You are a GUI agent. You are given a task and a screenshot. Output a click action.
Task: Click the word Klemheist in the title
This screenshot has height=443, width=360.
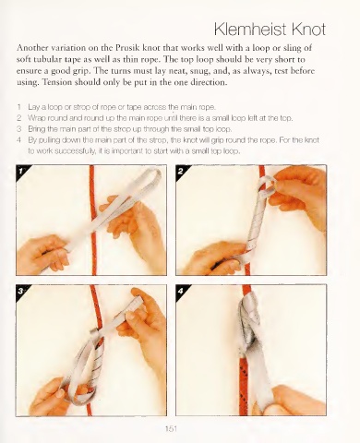[251, 30]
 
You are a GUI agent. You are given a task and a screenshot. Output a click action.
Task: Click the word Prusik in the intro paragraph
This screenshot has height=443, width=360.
[127, 48]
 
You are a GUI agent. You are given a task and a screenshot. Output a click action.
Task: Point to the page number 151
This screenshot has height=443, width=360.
[171, 428]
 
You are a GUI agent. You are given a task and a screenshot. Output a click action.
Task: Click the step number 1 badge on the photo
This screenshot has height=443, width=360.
[21, 171]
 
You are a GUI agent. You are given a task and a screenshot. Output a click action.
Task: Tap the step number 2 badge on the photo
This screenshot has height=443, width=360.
[181, 171]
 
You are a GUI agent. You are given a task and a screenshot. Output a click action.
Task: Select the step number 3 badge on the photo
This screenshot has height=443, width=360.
[21, 291]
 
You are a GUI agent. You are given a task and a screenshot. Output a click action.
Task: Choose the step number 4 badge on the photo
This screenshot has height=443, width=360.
[181, 291]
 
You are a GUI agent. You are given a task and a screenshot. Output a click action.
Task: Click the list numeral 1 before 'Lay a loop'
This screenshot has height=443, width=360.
[19, 107]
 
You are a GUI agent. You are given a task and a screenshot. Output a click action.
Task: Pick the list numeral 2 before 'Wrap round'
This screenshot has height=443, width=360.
[19, 118]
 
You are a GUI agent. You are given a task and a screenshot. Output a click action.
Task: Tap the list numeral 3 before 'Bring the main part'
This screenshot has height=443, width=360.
[19, 128]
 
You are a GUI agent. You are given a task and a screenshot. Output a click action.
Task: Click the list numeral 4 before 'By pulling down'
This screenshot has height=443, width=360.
[19, 140]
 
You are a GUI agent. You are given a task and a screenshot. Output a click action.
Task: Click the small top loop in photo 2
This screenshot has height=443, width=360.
[267, 186]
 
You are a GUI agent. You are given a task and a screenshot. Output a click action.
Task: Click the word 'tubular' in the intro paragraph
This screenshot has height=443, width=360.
[45, 59]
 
